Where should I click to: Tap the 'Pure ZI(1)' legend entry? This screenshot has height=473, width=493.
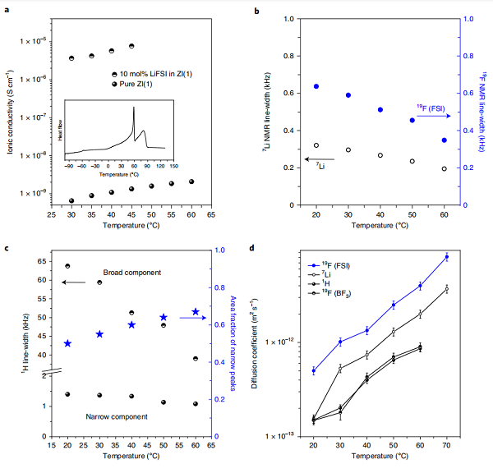pos(131,85)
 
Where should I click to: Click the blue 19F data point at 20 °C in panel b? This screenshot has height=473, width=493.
pos(316,86)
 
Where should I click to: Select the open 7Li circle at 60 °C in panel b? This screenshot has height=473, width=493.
pos(444,169)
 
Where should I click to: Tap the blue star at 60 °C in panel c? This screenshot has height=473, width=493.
pos(196,312)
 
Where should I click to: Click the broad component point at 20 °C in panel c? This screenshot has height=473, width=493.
pos(67,266)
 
